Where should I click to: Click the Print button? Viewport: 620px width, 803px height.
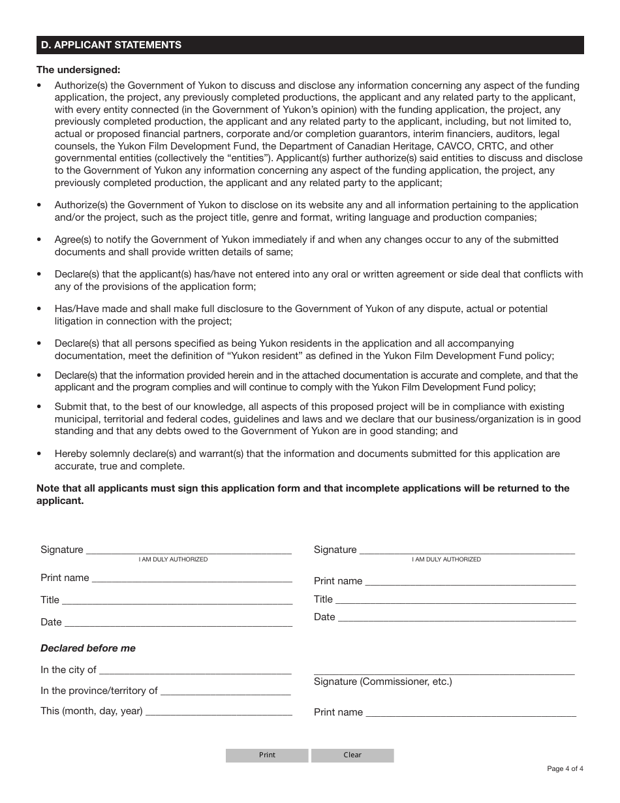(x=267, y=755)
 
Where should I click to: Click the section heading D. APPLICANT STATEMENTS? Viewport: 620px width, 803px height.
(x=111, y=45)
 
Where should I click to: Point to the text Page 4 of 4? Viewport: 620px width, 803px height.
(x=565, y=768)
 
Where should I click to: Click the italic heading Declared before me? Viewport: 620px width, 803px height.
(x=88, y=648)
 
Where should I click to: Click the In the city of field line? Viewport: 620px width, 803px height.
(x=195, y=670)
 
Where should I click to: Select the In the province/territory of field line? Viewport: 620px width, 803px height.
(x=225, y=691)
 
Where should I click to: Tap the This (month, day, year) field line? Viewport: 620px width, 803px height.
(x=219, y=712)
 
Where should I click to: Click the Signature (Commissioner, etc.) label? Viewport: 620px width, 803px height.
(x=382, y=682)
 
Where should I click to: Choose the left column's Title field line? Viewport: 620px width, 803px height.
(x=177, y=601)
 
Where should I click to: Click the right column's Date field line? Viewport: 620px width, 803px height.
(x=457, y=618)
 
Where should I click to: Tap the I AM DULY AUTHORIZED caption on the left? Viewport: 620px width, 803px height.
(x=173, y=559)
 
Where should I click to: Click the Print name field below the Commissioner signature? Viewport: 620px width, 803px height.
(x=471, y=713)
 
